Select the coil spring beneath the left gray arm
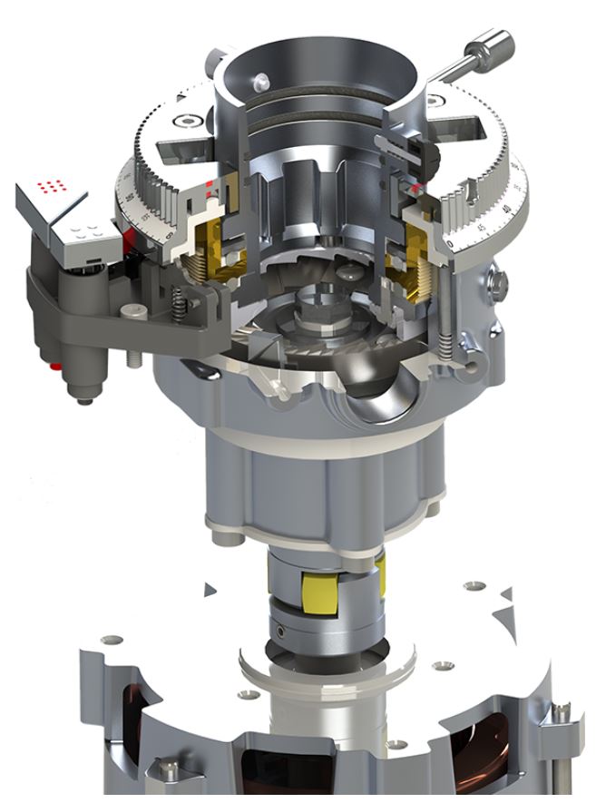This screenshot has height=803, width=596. point(181,299)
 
